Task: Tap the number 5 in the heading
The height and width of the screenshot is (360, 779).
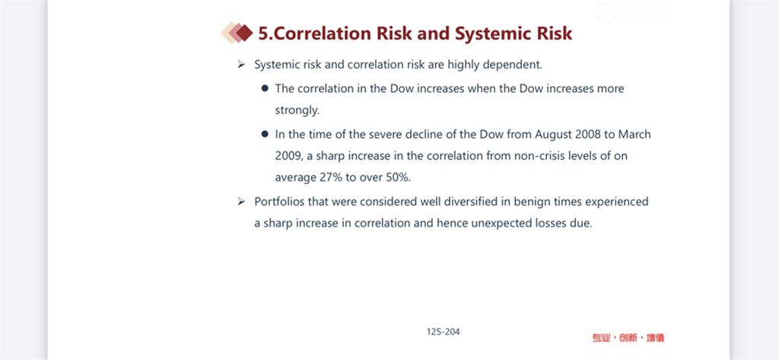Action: tap(263, 33)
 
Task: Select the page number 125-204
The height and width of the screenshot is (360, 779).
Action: tap(444, 332)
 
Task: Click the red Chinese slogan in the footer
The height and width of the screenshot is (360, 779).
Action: tap(628, 338)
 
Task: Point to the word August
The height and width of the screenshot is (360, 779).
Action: tap(552, 134)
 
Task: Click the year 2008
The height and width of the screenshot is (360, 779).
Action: tap(586, 134)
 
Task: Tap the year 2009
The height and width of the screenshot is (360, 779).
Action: tap(288, 156)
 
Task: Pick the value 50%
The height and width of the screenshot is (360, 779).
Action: tap(399, 177)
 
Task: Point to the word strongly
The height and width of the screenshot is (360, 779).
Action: tap(297, 110)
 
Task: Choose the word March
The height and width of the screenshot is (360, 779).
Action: tap(634, 134)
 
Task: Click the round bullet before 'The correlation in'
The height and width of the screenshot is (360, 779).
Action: tap(265, 88)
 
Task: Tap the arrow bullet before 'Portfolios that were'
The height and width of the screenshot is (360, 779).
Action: tap(241, 202)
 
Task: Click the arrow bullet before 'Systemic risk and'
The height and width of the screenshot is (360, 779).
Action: tap(241, 65)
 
